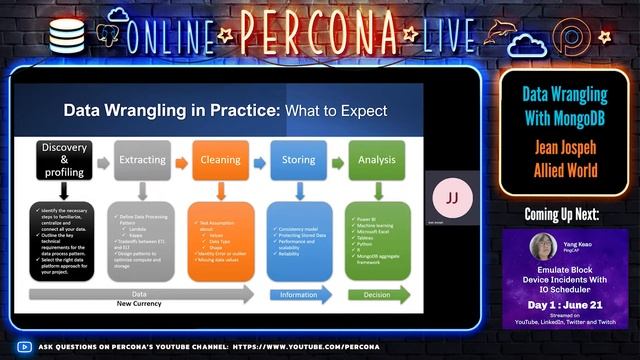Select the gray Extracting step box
pyautogui.click(x=142, y=159)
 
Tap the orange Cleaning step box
pyautogui.click(x=219, y=159)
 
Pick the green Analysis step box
pyautogui.click(x=377, y=159)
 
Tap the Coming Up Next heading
pyautogui.click(x=566, y=214)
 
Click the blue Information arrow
pyautogui.click(x=304, y=295)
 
